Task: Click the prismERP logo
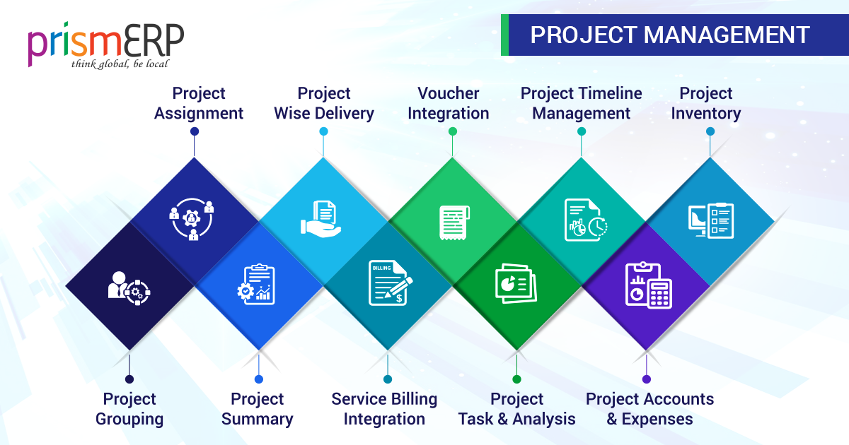[106, 44]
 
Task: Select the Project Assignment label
[199, 103]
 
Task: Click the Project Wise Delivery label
[324, 103]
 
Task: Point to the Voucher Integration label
[449, 103]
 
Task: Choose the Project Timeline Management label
[582, 103]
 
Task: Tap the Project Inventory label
[706, 103]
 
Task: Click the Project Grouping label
[129, 409]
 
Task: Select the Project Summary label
[258, 409]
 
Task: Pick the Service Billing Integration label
[385, 409]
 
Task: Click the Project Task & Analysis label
[517, 409]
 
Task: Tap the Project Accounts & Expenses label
[649, 409]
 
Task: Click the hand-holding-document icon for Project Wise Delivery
[323, 218]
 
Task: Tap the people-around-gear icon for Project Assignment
[192, 220]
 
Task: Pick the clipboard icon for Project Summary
[256, 284]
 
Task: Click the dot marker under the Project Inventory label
[710, 131]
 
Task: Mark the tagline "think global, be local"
[120, 64]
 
